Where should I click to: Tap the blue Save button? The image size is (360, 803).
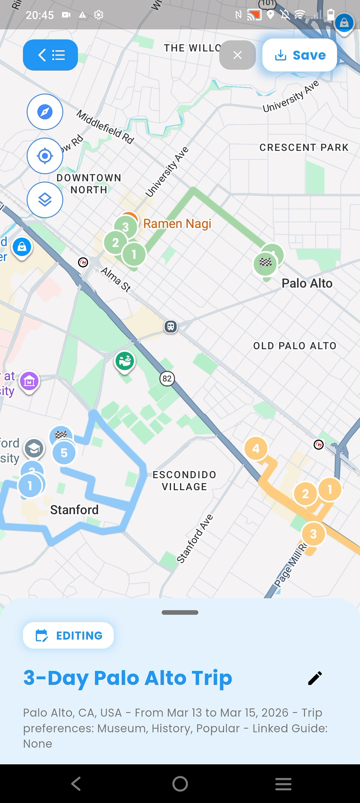click(299, 55)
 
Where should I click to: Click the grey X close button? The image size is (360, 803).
click(237, 55)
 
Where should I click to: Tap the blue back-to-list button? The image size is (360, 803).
click(50, 55)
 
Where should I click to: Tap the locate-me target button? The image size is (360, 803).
click(45, 156)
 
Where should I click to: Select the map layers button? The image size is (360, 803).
click(45, 200)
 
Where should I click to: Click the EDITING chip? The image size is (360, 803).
click(68, 635)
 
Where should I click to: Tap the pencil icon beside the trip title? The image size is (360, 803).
click(315, 678)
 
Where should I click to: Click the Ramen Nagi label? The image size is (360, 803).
click(177, 223)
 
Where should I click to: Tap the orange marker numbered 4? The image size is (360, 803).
click(256, 449)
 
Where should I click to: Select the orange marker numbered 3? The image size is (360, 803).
click(313, 534)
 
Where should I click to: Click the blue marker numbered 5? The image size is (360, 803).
click(64, 453)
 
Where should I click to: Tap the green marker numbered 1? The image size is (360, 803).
click(134, 254)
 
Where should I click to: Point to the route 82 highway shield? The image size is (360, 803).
click(167, 378)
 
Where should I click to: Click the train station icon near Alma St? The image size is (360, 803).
click(171, 326)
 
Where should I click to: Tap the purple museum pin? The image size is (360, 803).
click(29, 381)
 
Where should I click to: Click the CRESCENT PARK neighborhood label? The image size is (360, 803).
click(304, 147)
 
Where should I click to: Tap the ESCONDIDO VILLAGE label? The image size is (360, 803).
click(184, 481)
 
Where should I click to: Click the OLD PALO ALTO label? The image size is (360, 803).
click(295, 346)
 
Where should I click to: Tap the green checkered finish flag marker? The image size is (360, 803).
click(265, 263)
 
